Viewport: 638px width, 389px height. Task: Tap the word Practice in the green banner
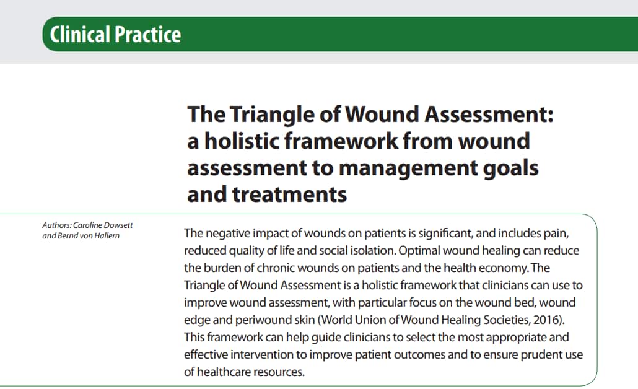click(148, 34)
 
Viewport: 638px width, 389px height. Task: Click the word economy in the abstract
click(500, 268)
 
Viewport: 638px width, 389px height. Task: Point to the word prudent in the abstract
click(531, 354)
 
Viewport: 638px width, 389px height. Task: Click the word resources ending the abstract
click(284, 372)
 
